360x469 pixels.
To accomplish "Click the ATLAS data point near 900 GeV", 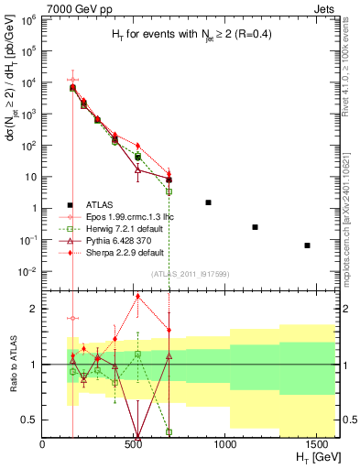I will click(209, 202).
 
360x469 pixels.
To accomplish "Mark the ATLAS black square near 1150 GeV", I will click(256, 227).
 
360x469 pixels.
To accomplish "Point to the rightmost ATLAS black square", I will click(308, 245).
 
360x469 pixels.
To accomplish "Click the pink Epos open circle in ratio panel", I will click(72, 318).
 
